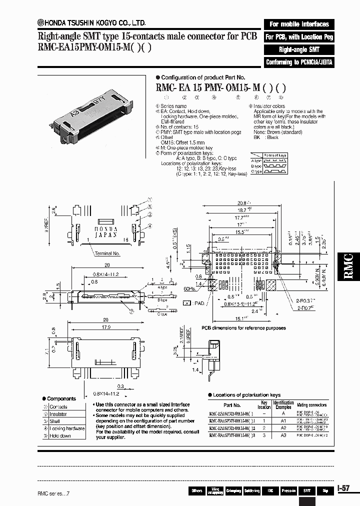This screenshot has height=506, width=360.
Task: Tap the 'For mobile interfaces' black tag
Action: coord(299,24)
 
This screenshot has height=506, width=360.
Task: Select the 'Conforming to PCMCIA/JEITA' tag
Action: coord(299,62)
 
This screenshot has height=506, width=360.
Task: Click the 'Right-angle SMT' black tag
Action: coord(299,49)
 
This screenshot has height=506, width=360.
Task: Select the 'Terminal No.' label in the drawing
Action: coord(107,253)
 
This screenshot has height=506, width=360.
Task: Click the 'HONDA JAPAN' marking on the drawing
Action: coord(105,231)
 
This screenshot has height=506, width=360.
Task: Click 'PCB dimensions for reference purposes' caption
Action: coord(243,328)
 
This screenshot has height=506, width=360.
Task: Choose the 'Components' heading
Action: coord(61,398)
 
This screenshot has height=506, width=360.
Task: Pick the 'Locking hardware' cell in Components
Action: coord(67,428)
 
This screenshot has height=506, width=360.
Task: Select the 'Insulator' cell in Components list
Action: coord(58,414)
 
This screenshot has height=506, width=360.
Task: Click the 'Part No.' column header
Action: coord(232,405)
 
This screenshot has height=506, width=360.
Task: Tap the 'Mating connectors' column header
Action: coord(312,405)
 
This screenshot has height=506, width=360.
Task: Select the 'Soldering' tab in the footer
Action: coord(251,491)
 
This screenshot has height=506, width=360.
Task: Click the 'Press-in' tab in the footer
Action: coord(288,491)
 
